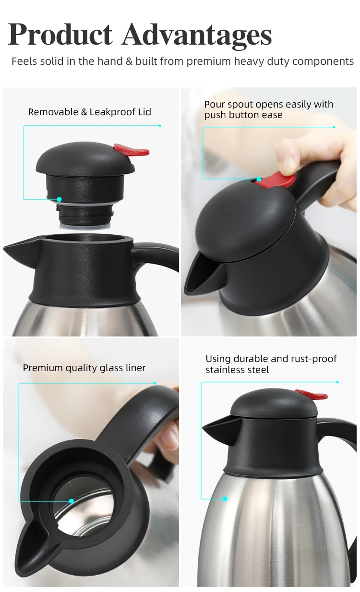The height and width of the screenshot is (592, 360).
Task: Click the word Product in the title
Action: pos(60,35)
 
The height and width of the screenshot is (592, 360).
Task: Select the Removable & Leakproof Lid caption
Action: pos(89,112)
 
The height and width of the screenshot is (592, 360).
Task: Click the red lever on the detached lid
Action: pos(132,150)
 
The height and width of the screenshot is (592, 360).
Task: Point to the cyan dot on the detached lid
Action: pos(59,199)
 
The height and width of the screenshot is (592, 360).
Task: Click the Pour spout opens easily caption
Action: pos(268,109)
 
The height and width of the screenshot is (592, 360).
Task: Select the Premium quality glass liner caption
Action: pos(84,368)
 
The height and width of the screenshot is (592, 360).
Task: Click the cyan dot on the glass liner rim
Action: pos(71,501)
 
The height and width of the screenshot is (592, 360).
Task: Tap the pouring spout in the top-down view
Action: pos(26,552)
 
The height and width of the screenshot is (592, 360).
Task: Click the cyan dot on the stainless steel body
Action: pos(225,499)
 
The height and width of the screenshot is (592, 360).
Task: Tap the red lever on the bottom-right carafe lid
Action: pos(312,395)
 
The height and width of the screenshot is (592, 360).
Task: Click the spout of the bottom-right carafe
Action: pos(214,425)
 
